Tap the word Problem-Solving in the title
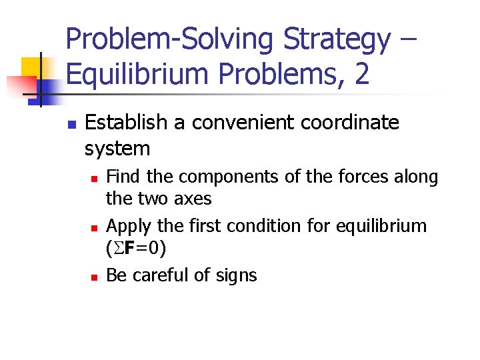tap(171, 40)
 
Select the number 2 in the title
tap(362, 74)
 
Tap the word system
tap(117, 147)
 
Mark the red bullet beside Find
tap(95, 179)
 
